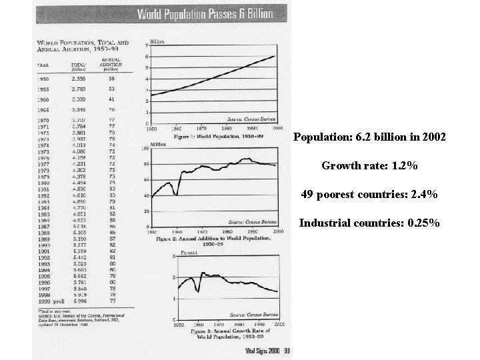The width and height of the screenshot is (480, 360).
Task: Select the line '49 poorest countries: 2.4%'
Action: (x=369, y=195)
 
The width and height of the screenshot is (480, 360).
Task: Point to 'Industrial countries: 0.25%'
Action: (x=369, y=223)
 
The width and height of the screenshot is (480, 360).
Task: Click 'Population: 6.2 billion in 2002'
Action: (x=369, y=137)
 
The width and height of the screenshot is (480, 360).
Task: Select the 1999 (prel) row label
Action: (x=50, y=301)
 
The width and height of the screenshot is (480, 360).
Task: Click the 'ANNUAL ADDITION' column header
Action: (x=111, y=62)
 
